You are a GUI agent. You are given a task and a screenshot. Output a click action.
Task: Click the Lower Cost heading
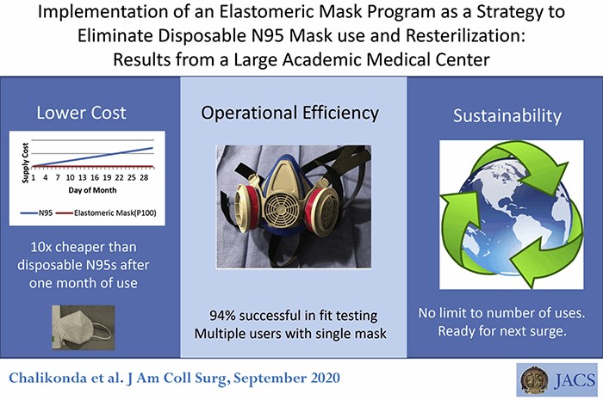tap(81, 113)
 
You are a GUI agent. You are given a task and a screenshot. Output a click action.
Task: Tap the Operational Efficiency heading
tap(290, 114)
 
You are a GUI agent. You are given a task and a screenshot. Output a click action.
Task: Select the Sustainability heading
tap(507, 116)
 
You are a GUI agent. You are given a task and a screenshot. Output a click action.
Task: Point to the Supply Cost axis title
tap(25, 163)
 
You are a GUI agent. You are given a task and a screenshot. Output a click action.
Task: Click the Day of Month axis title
tap(92, 190)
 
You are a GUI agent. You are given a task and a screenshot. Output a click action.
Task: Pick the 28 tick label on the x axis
tap(144, 178)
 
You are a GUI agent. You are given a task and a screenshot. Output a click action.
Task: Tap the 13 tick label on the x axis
tap(83, 178)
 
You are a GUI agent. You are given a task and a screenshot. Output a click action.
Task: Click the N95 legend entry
tap(36, 212)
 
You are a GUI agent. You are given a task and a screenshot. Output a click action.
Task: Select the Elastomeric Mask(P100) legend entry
tap(106, 212)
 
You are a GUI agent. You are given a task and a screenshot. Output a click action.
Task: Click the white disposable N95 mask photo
tap(84, 328)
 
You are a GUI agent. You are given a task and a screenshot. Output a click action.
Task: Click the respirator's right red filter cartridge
tap(321, 210)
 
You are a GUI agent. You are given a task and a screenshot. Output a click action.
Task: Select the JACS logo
tap(556, 380)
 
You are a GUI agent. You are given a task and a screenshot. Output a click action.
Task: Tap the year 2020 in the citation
tap(326, 378)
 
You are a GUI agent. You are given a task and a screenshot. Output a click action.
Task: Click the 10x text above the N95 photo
tap(41, 247)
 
